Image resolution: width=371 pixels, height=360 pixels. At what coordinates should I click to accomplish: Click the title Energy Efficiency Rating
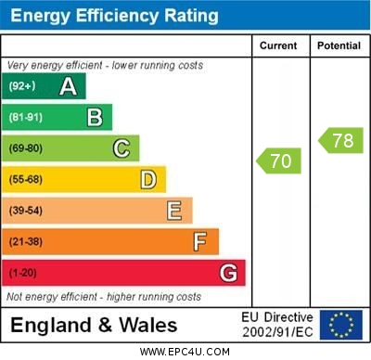pos(114,16)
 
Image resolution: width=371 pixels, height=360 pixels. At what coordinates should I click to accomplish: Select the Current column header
pos(278,45)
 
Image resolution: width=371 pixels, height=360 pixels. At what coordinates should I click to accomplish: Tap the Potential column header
pos(339,45)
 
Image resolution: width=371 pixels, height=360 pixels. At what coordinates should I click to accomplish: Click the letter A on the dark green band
pos(68,86)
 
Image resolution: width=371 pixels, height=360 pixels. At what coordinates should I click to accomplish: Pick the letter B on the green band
pos(95,117)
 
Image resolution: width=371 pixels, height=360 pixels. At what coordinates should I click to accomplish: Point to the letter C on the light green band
pos(122,148)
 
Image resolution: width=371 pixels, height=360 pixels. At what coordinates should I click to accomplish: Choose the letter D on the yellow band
pos(148,179)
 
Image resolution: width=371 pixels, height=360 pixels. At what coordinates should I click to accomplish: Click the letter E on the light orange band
pos(174,211)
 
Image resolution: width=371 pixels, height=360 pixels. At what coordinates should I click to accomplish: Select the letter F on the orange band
pos(200,242)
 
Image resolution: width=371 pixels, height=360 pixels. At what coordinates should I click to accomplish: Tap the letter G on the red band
pos(227,273)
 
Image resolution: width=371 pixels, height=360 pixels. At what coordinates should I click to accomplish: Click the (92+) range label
pos(23,86)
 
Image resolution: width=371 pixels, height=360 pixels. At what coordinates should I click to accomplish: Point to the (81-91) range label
pos(26,118)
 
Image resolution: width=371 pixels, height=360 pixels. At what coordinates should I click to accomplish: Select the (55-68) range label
pos(26,180)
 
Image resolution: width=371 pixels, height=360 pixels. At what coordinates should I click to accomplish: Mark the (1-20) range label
pos(23,274)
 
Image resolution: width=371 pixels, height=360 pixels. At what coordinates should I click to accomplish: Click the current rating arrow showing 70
pos(279,161)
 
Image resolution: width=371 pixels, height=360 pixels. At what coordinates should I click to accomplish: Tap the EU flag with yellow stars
pos(341,325)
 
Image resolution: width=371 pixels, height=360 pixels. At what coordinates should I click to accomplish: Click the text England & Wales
pos(94,326)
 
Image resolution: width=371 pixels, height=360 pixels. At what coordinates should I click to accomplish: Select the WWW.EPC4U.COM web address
pos(185,352)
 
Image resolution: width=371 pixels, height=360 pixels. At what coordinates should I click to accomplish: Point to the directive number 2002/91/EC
pos(277,332)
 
